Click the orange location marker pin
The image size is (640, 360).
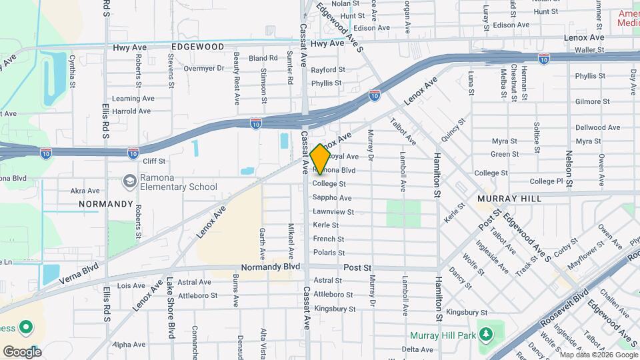(x=320, y=159)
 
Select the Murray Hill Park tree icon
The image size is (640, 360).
(x=486, y=333)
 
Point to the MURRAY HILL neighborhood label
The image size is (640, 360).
(x=509, y=199)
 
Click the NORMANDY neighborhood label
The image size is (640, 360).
(x=106, y=203)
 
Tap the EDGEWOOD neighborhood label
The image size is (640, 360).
(x=197, y=47)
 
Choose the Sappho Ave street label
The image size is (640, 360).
(x=332, y=198)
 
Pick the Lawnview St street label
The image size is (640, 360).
(x=333, y=212)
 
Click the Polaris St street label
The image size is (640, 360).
(x=329, y=253)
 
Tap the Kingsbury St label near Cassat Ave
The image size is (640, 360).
(x=334, y=309)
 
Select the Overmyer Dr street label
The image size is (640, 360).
(x=204, y=68)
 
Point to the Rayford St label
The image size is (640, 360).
(x=328, y=69)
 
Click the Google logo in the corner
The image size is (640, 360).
(x=22, y=352)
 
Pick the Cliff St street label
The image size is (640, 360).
(x=153, y=161)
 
